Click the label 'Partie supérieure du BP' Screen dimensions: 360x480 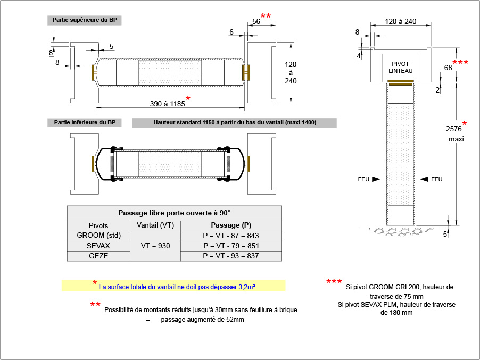tap(85, 20)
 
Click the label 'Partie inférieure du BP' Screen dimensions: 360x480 tap(85, 123)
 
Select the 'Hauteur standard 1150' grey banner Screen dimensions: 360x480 tap(235, 123)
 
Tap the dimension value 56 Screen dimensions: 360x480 tap(256, 22)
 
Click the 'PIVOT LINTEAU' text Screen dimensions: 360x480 tap(400, 67)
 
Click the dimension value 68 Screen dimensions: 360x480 tap(448, 68)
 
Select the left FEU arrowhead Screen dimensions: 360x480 tap(376, 179)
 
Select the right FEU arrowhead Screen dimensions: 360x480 tap(424, 179)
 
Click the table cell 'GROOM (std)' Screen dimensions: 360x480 tap(98, 236)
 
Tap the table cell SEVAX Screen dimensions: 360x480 tap(98, 246)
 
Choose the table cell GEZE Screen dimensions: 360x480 tap(98, 256)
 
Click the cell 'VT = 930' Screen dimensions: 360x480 tap(155, 246)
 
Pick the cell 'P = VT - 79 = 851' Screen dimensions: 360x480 tap(231, 246)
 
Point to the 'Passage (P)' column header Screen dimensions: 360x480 tap(231, 225)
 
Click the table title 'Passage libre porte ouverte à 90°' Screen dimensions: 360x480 tap(174, 213)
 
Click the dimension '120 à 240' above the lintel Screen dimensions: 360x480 tap(400, 22)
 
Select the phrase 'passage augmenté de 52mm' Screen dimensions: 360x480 tap(203, 320)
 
